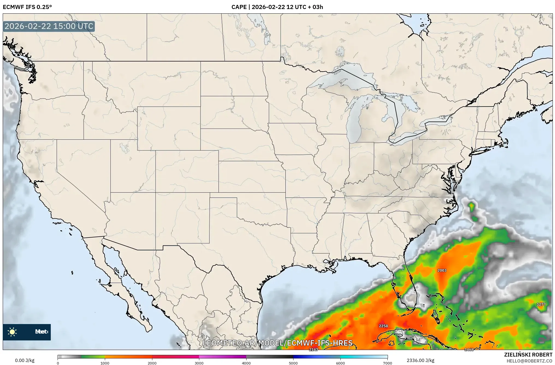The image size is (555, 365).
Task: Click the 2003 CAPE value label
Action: pyautogui.click(x=442, y=270)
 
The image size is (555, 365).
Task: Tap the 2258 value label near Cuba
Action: pyautogui.click(x=383, y=326)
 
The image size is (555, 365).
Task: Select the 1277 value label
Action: pyautogui.click(x=541, y=304)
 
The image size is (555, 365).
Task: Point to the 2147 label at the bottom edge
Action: pyautogui.click(x=313, y=349)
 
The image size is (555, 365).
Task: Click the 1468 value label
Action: pyautogui.click(x=469, y=349)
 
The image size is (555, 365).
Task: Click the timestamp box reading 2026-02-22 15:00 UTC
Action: pyautogui.click(x=49, y=26)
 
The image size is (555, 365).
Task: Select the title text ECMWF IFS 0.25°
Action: pyautogui.click(x=27, y=7)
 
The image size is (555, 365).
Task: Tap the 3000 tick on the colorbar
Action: pyautogui.click(x=199, y=363)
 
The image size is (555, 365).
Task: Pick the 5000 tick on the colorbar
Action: pyautogui.click(x=293, y=363)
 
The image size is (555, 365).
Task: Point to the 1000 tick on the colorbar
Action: pyautogui.click(x=105, y=363)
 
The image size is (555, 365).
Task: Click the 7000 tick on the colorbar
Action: pyautogui.click(x=387, y=363)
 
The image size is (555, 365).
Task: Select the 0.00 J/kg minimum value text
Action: pyautogui.click(x=25, y=360)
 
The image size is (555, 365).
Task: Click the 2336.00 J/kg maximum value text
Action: pyautogui.click(x=420, y=360)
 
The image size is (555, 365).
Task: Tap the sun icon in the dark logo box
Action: pyautogui.click(x=12, y=332)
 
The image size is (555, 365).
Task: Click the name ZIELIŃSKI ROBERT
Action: pyautogui.click(x=528, y=355)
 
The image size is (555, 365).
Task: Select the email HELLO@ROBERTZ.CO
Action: pyautogui.click(x=529, y=361)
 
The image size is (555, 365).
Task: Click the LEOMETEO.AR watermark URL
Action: pyautogui.click(x=278, y=343)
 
